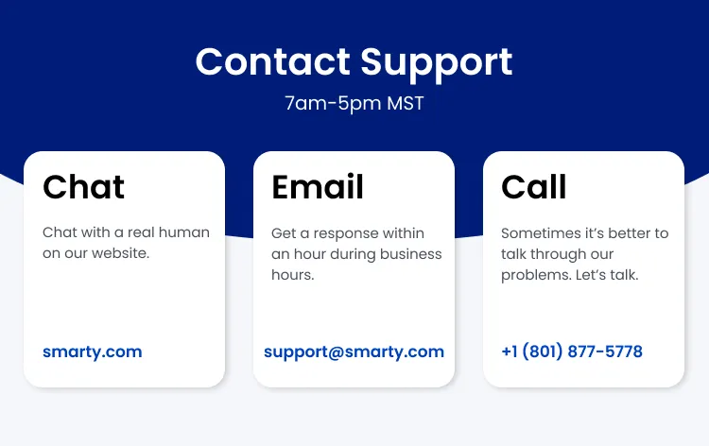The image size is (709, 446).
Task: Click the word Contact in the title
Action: [x=272, y=61]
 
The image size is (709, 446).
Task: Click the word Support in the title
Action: [x=437, y=63]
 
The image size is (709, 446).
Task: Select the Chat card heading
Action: [x=83, y=187]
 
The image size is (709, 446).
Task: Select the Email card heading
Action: [x=318, y=187]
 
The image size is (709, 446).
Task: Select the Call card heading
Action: [x=533, y=187]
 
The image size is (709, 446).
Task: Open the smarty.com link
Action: [x=92, y=352]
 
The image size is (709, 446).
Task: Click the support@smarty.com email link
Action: [x=354, y=352]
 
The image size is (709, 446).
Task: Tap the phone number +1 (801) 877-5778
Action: [x=571, y=352]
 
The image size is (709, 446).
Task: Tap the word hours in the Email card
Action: [x=292, y=275]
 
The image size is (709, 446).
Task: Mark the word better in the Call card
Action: [x=629, y=232]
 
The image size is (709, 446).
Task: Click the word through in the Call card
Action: [x=558, y=253]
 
